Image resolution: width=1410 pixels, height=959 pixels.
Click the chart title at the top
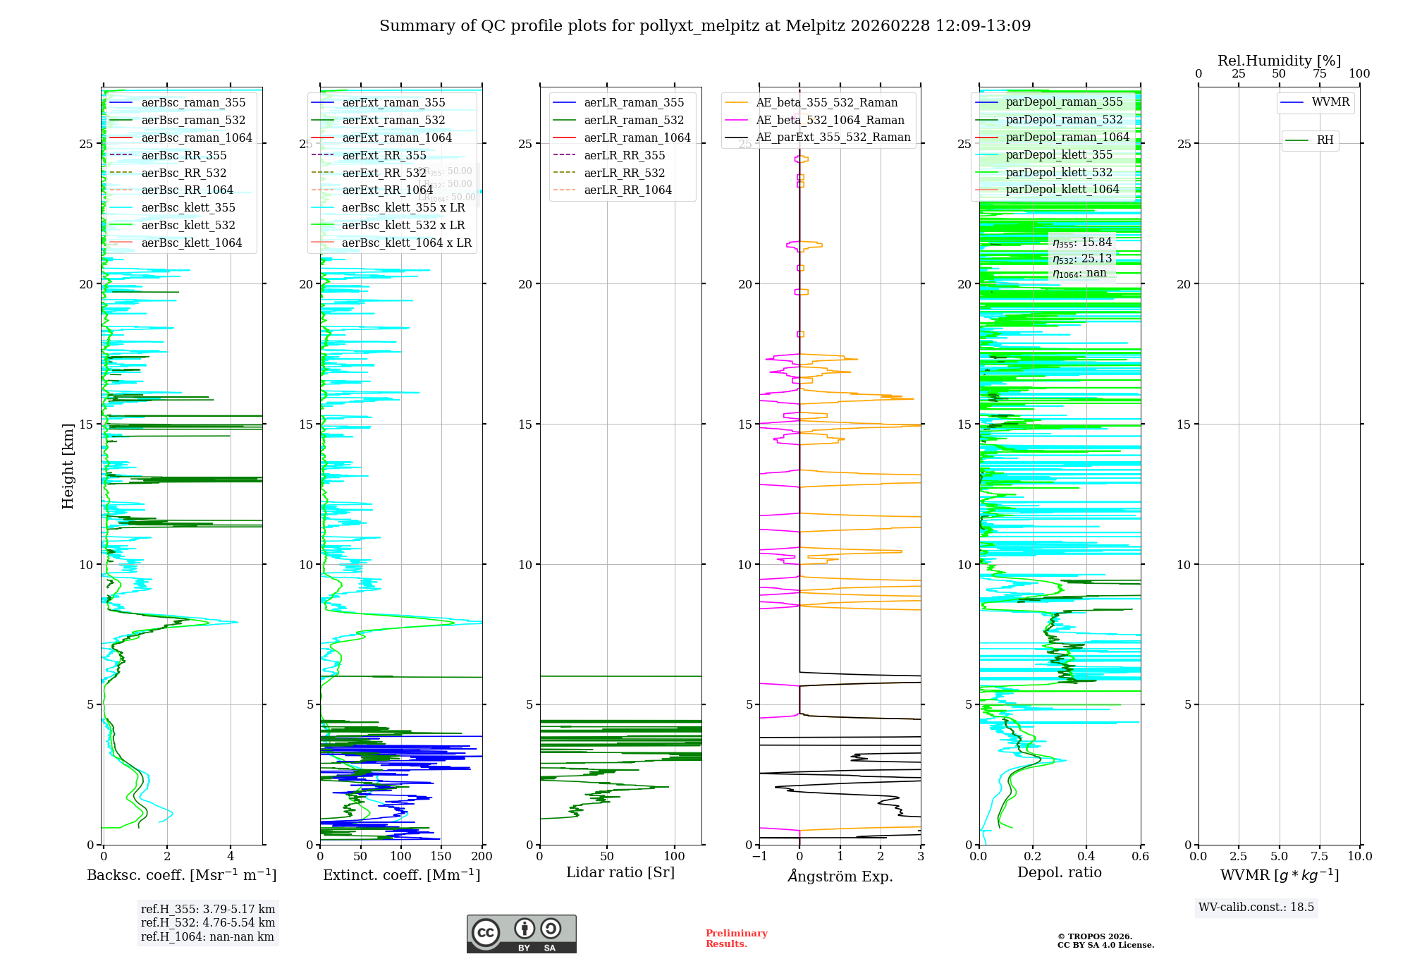click(705, 26)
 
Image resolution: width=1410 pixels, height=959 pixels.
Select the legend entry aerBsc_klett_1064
click(191, 243)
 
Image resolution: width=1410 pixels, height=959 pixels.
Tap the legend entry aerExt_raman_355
click(393, 102)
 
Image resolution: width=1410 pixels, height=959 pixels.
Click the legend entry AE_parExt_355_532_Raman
click(833, 138)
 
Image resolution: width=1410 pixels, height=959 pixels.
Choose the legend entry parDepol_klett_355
click(1059, 154)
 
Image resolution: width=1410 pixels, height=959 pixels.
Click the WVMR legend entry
click(1330, 102)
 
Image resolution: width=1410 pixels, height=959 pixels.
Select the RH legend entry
click(1325, 140)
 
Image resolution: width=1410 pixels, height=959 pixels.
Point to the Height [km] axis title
click(68, 465)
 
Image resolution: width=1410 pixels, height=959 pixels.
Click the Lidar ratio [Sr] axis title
click(620, 872)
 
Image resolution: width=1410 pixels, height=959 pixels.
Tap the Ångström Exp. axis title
click(840, 876)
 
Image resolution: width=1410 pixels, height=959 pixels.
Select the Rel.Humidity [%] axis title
click(1279, 61)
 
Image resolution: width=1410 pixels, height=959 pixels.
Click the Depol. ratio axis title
click(1059, 872)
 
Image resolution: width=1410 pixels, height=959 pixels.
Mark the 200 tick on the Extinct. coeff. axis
click(482, 857)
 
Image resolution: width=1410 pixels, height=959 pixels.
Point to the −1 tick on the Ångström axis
click(759, 857)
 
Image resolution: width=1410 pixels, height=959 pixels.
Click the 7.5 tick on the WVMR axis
click(1320, 857)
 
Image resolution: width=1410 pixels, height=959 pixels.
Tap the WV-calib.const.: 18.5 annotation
click(1256, 907)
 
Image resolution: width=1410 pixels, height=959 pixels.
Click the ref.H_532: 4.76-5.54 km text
click(208, 922)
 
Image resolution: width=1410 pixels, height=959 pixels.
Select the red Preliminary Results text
click(736, 939)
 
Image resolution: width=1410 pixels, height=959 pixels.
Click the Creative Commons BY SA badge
click(521, 934)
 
